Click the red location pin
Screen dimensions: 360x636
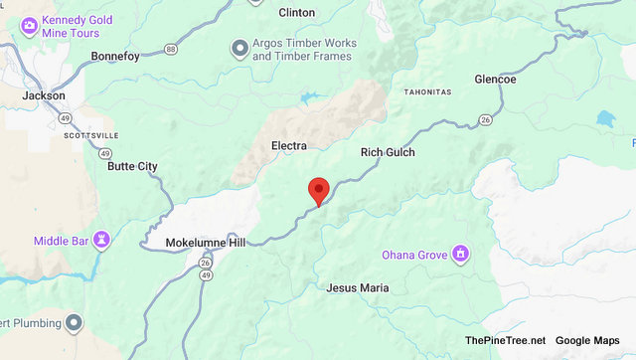click(x=318, y=189)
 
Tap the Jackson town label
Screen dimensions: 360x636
click(x=44, y=95)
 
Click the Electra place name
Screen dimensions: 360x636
click(x=288, y=146)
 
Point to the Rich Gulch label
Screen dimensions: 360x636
click(x=387, y=152)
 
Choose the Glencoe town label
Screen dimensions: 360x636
click(x=495, y=79)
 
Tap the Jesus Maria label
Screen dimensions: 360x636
click(x=358, y=287)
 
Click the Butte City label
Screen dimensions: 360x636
click(x=132, y=166)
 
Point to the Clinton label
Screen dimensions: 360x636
click(x=296, y=13)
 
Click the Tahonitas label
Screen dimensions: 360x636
click(x=427, y=92)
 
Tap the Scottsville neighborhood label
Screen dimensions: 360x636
click(x=90, y=133)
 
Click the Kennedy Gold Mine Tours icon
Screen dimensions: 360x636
click(x=29, y=22)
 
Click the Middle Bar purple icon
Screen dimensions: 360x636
click(x=100, y=241)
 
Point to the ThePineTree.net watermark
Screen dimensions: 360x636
click(x=505, y=341)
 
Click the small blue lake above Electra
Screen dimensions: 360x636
click(x=307, y=97)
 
